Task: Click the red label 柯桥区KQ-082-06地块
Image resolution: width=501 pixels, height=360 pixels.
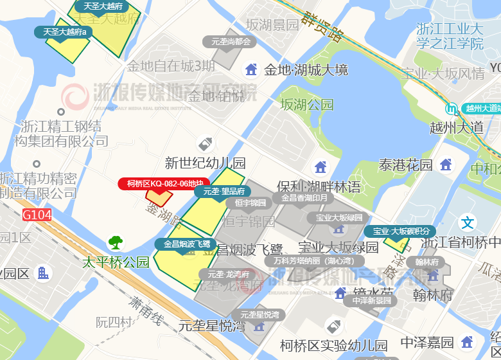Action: pos(164,184)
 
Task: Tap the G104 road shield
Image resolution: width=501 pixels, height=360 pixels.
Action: pos(37,215)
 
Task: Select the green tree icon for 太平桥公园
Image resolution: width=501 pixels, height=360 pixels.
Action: pos(116,242)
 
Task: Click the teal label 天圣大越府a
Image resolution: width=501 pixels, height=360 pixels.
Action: pos(64,32)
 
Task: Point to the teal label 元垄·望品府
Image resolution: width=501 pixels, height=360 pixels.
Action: pos(224,191)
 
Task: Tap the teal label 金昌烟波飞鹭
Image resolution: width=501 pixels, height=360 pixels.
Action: pos(186,244)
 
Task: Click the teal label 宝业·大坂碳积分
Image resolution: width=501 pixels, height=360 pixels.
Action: pos(400,231)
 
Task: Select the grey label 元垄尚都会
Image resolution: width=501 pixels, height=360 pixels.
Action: pos(230,42)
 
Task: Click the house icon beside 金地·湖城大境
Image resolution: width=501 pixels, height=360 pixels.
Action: pos(251,69)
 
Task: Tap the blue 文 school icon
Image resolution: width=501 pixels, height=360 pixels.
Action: pos(468,223)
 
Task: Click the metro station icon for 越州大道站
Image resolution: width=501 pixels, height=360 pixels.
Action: pos(454,108)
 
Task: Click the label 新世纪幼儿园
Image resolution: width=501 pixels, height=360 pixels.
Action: pos(205,163)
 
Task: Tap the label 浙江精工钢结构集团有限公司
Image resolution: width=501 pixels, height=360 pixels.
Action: pos(61,132)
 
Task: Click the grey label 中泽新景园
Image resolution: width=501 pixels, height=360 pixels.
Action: pos(371,300)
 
